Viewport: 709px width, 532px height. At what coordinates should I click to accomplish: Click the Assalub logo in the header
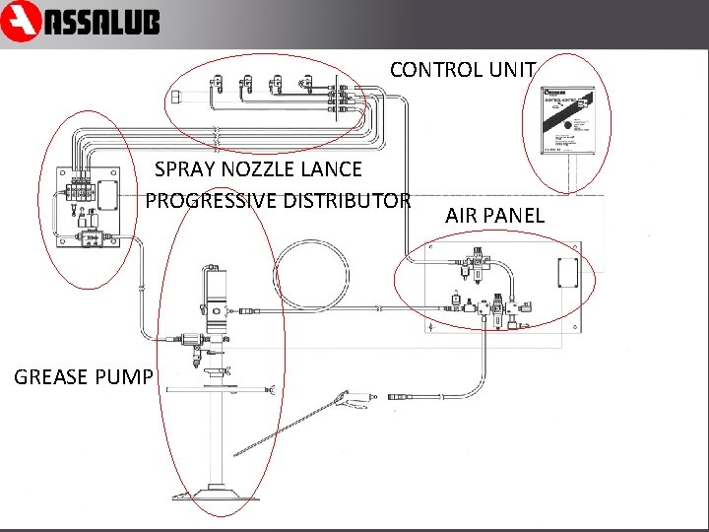click(x=81, y=22)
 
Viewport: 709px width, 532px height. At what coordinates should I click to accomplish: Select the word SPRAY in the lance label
click(x=184, y=169)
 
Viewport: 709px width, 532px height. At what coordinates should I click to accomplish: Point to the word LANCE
click(x=332, y=169)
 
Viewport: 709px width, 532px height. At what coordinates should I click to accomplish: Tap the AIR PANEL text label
click(x=494, y=215)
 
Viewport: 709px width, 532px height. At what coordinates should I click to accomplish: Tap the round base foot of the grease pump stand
click(x=222, y=494)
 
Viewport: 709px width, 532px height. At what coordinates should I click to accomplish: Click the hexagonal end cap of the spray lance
click(x=176, y=99)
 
